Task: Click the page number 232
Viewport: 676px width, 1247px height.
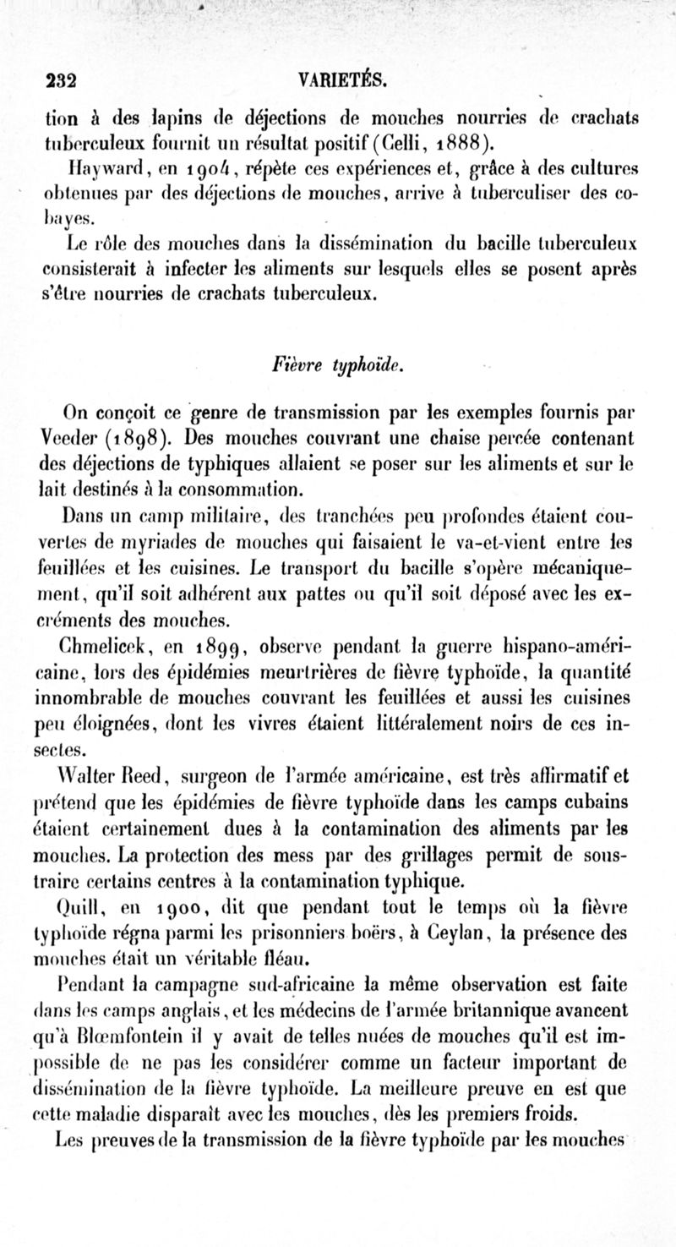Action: (62, 82)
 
